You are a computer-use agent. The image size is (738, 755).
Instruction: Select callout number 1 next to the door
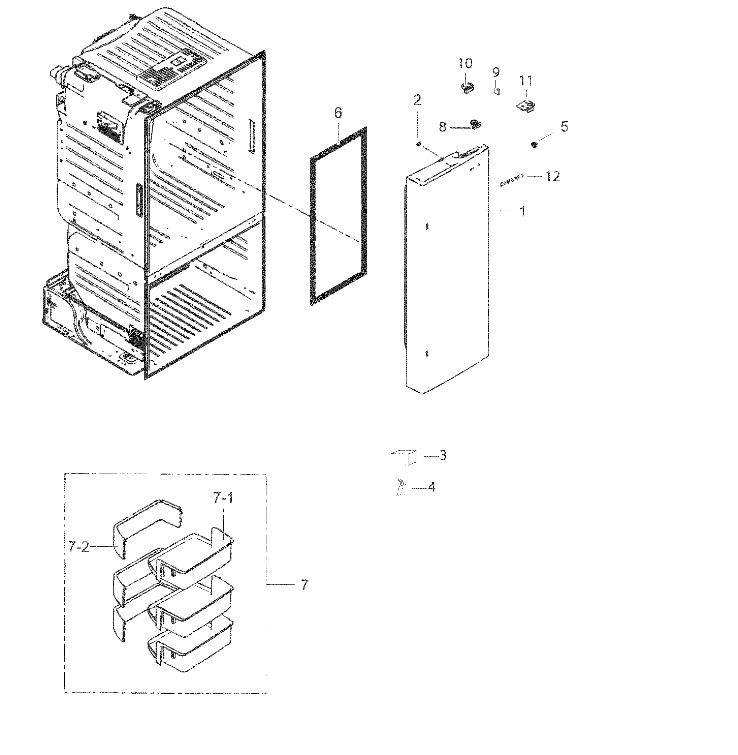(522, 211)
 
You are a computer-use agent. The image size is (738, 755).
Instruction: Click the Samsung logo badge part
(512, 180)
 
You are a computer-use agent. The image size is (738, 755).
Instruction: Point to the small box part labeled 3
(404, 458)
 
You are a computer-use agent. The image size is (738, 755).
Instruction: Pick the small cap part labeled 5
(535, 145)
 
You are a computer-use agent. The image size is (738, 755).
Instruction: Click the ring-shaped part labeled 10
(468, 88)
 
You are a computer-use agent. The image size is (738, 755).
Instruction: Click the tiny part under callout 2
(418, 144)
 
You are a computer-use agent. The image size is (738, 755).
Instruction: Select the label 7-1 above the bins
(223, 498)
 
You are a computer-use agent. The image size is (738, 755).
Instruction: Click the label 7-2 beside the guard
(79, 547)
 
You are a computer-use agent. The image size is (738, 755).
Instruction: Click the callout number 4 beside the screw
(431, 487)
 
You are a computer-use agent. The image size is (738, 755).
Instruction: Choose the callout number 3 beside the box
(443, 456)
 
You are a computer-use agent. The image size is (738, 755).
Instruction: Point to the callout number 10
(465, 63)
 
